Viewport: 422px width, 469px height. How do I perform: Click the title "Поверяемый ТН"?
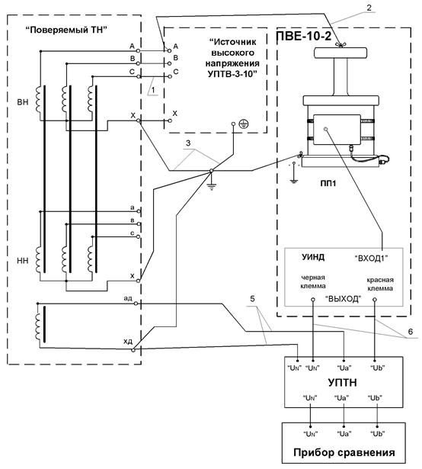click(x=66, y=30)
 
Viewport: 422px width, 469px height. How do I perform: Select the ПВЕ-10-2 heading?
click(x=304, y=36)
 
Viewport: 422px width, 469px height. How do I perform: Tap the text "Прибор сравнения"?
click(x=344, y=452)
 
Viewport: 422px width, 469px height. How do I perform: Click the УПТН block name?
click(x=342, y=383)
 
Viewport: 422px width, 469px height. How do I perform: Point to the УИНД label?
click(x=313, y=257)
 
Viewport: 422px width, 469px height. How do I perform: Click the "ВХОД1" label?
click(x=371, y=258)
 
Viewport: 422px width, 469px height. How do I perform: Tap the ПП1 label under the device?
click(x=328, y=183)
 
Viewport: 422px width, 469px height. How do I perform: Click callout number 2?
click(x=369, y=8)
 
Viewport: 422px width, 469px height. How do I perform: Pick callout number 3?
click(x=188, y=143)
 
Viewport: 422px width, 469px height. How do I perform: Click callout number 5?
click(x=253, y=299)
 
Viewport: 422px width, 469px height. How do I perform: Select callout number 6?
click(x=411, y=332)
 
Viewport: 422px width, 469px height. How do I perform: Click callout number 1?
click(x=153, y=89)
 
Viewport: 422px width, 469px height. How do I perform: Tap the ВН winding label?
click(x=23, y=102)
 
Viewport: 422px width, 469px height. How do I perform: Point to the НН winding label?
click(x=23, y=261)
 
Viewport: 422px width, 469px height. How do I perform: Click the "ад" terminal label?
click(x=128, y=298)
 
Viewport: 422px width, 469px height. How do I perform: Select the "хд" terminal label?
click(x=128, y=342)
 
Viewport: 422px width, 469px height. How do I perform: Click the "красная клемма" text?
click(x=380, y=284)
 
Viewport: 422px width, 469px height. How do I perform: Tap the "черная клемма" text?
click(x=313, y=281)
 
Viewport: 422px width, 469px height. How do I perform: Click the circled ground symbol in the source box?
click(x=244, y=124)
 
